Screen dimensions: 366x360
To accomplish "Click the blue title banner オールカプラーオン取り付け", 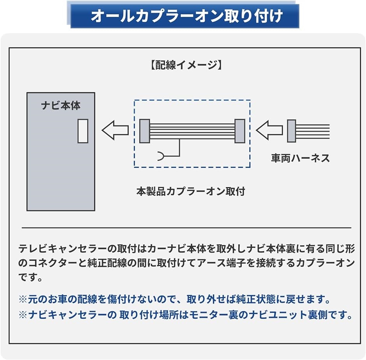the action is pos(185,16).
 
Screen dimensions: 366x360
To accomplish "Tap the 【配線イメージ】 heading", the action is pos(186,65).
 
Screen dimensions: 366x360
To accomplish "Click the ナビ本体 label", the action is pos(61,105).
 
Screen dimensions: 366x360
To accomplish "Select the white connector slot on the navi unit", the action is pos(83,131).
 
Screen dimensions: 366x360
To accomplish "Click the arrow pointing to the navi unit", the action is pos(115,130).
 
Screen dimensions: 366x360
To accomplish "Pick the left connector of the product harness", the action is pos(145,131).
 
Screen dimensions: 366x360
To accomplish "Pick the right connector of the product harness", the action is pos(240,131).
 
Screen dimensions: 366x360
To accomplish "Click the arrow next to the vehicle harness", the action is pos(269,130).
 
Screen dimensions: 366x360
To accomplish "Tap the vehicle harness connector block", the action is pos(292,131).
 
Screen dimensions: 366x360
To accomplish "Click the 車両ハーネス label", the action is pos(301,158).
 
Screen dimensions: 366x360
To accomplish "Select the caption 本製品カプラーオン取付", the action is pos(191,191).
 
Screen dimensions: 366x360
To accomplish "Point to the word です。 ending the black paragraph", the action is pos(30,277).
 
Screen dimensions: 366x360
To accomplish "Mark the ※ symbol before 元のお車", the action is pos(23,299).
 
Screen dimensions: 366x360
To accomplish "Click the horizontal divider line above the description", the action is pos(186,228).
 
